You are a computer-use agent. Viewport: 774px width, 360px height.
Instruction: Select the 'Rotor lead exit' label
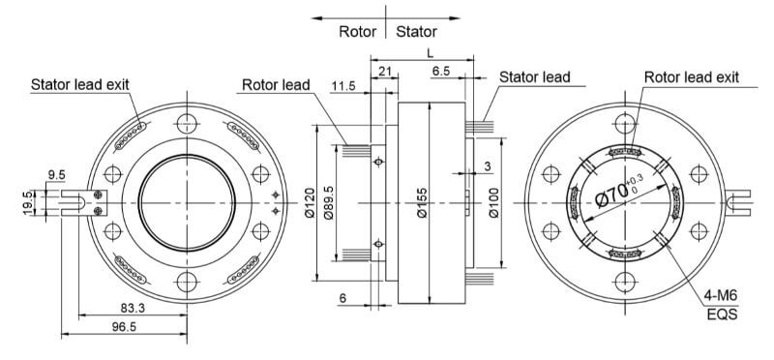(691, 76)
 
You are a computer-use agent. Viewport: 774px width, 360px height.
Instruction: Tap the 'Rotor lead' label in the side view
(275, 84)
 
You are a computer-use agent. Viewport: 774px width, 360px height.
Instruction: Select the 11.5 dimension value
(342, 86)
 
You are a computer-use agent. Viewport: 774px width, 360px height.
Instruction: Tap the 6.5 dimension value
(440, 72)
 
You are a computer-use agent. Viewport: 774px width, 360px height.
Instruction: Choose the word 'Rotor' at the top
(357, 31)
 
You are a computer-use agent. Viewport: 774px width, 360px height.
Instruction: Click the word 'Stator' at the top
(416, 31)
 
